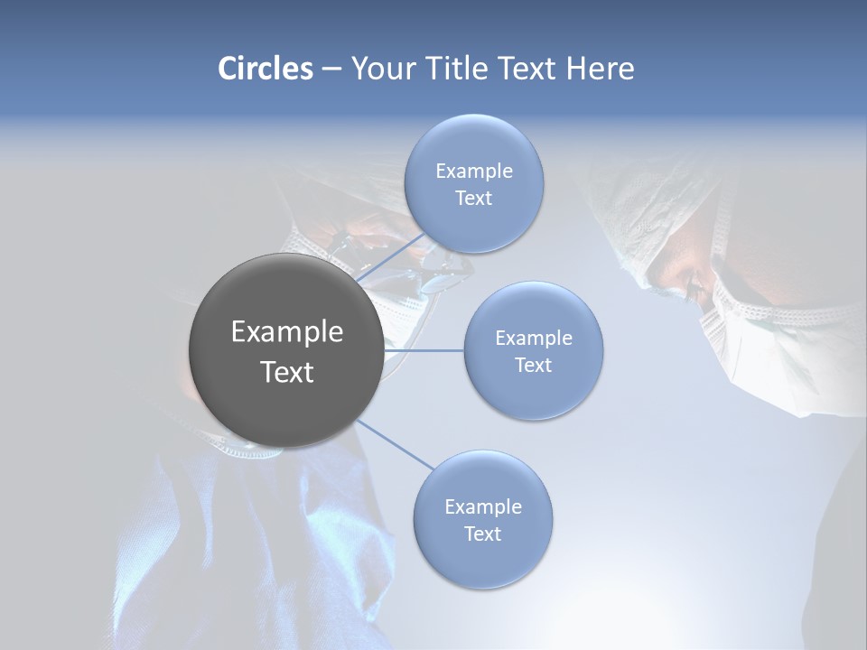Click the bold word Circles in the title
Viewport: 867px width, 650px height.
[266, 69]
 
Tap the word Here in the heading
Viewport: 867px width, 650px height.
[600, 69]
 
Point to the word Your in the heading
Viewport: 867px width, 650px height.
[383, 69]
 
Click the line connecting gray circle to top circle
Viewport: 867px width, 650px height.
[390, 257]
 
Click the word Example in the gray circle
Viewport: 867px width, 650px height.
[286, 332]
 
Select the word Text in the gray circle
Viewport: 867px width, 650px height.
[286, 372]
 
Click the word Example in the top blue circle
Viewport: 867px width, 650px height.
[473, 172]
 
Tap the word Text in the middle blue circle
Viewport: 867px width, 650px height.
[533, 366]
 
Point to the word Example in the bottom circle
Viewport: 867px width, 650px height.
[482, 507]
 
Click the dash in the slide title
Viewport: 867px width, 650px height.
[331, 70]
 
